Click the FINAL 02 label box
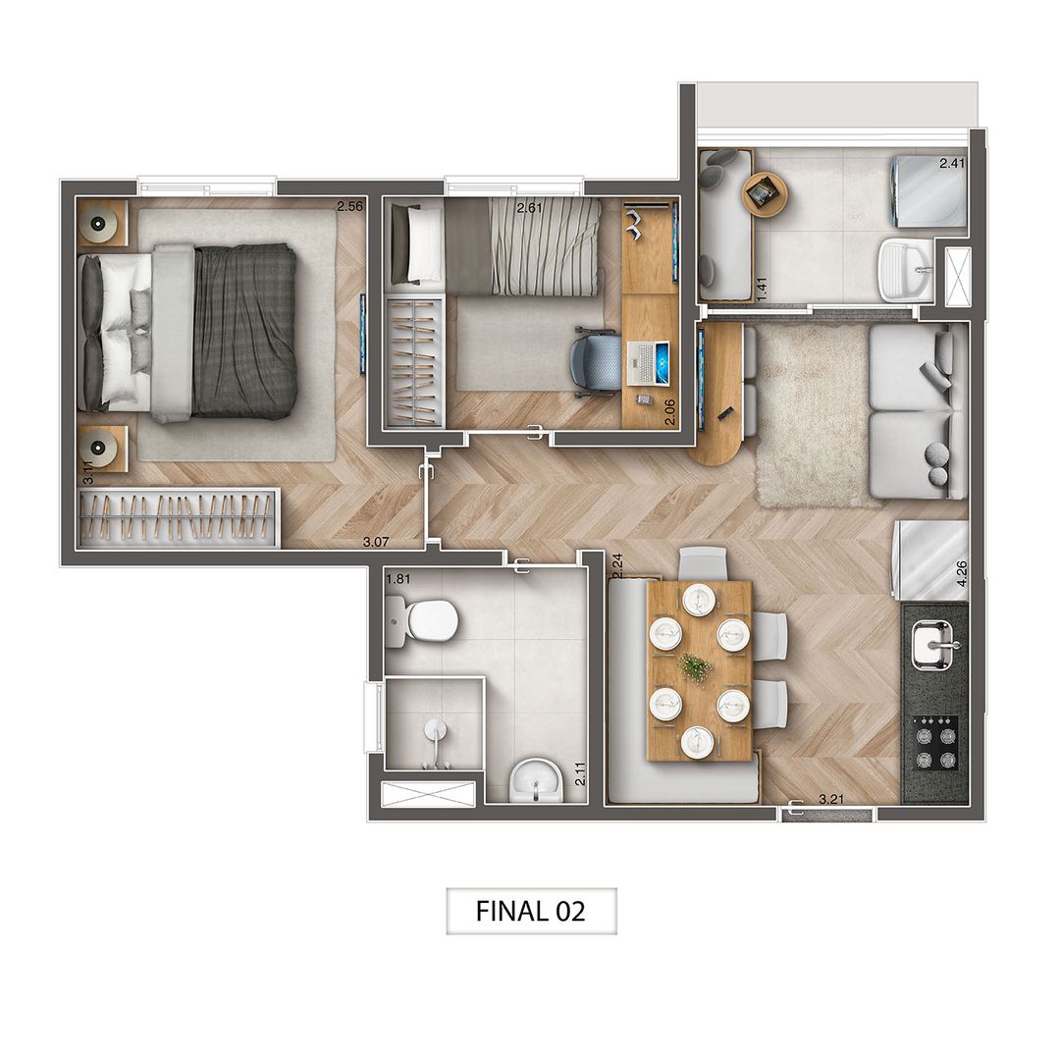[531, 911]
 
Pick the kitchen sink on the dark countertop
[933, 645]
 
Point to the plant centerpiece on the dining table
[696, 668]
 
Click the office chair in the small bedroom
[596, 360]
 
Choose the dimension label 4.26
[962, 572]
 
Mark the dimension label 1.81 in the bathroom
[397, 579]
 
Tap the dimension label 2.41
[952, 164]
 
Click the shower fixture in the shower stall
[435, 732]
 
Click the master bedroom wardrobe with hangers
[178, 516]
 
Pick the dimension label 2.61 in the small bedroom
[531, 207]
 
